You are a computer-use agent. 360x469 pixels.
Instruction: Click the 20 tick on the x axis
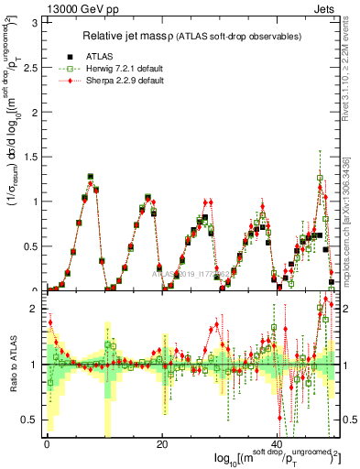point(162,445)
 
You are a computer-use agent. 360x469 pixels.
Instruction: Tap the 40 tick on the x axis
point(278,445)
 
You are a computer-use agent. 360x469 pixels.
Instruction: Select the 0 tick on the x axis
point(47,445)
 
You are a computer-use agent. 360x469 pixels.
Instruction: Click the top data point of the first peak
point(91,176)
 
